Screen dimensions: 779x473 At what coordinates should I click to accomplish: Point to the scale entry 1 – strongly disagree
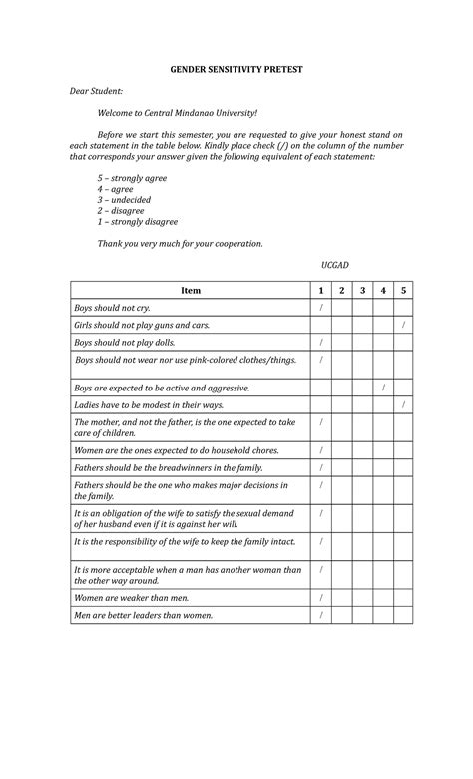coord(137,222)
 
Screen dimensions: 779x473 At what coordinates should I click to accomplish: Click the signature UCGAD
coord(334,265)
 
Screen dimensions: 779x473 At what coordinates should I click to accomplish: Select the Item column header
coord(190,290)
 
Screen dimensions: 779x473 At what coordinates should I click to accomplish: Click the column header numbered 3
coord(362,290)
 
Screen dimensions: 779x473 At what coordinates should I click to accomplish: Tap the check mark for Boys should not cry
coord(320,308)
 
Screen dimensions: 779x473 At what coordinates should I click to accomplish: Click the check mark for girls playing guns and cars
coord(403,326)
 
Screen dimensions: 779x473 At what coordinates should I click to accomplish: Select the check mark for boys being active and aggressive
coord(383,387)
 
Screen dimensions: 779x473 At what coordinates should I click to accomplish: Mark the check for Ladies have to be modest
coord(403,405)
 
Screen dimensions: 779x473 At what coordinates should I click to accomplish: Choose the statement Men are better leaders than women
coord(144,615)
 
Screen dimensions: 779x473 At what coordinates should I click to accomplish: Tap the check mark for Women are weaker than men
coord(320,597)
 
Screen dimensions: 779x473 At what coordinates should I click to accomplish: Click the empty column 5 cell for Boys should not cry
coord(403,308)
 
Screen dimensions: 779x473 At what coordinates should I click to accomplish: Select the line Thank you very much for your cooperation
coord(180,243)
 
